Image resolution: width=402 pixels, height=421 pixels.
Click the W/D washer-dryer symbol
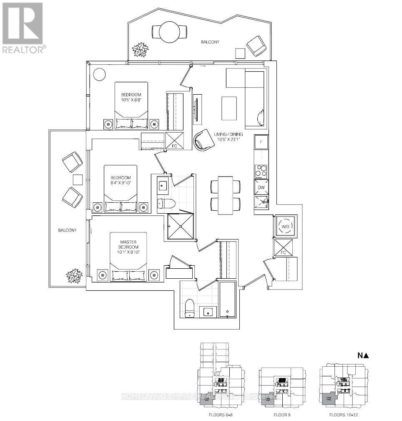286,227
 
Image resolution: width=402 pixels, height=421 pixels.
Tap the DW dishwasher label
261,188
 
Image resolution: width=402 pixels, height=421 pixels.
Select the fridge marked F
261,142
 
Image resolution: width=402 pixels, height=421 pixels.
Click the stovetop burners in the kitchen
261,171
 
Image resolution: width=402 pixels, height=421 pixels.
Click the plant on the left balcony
75,276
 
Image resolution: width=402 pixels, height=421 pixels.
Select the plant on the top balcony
140,50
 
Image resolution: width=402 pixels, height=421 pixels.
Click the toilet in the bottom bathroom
189,308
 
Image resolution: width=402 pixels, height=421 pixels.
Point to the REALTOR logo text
23,50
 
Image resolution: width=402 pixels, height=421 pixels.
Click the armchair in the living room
204,139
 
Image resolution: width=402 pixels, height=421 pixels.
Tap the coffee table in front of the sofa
228,108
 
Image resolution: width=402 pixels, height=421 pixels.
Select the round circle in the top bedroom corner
99,75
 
